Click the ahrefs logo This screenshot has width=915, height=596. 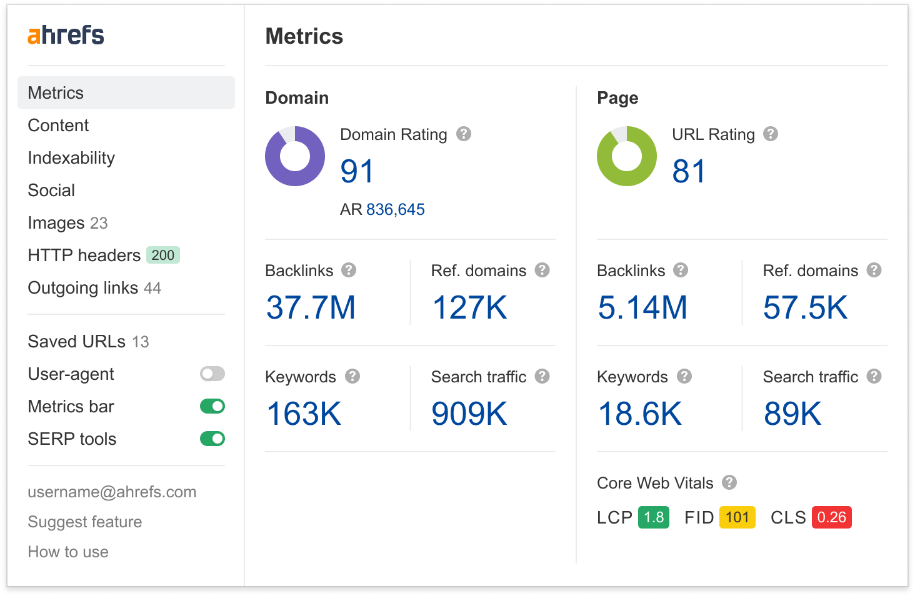[66, 35]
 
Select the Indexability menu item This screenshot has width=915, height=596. [71, 158]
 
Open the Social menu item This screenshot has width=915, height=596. [51, 191]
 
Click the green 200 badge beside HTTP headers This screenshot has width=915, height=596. [163, 255]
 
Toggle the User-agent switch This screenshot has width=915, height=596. [212, 374]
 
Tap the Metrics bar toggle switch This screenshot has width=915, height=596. [212, 407]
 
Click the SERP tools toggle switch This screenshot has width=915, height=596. [212, 439]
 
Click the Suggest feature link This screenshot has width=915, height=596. [85, 522]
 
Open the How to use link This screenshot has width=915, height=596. [68, 552]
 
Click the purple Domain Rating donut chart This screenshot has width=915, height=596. [295, 156]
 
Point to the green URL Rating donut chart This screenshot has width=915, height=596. [627, 156]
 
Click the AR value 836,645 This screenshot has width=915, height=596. [395, 209]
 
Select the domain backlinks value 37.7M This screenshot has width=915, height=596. [311, 307]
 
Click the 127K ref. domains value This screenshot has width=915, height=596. [469, 307]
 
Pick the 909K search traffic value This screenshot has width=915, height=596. [469, 414]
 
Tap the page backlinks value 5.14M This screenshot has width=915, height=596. [642, 307]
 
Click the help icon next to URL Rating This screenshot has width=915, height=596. [771, 134]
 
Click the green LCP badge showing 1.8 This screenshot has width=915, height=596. [654, 517]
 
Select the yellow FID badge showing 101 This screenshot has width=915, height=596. [737, 517]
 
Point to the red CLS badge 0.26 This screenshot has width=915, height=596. [831, 517]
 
